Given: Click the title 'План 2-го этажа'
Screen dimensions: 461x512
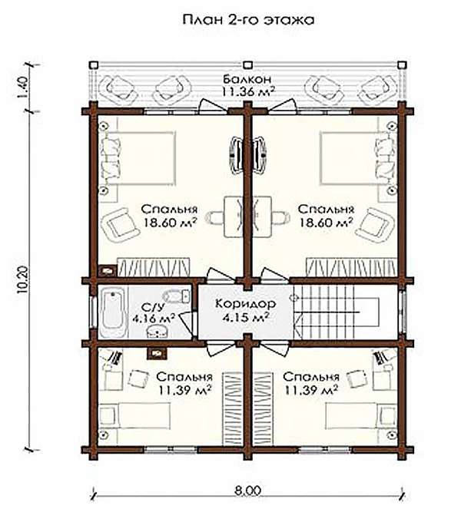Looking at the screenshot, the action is pyautogui.click(x=248, y=20).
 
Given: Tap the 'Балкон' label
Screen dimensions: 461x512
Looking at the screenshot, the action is pyautogui.click(x=247, y=79).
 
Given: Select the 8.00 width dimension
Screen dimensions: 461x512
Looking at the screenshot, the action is pyautogui.click(x=249, y=491).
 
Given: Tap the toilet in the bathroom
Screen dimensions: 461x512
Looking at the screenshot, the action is pyautogui.click(x=177, y=296).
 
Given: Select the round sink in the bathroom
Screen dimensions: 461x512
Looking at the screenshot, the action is pyautogui.click(x=158, y=332).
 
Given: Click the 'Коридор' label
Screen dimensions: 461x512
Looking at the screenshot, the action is pyautogui.click(x=246, y=304).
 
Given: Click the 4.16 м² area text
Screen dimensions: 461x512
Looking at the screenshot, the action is pyautogui.click(x=154, y=319).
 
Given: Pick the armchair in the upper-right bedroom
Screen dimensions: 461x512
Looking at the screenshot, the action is pyautogui.click(x=375, y=225).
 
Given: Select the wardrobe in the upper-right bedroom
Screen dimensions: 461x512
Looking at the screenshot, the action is pyautogui.click(x=351, y=267).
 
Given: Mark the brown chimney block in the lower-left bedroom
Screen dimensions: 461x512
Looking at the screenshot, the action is pyautogui.click(x=158, y=353).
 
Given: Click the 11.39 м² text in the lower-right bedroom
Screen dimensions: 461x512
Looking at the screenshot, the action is pyautogui.click(x=311, y=390).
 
